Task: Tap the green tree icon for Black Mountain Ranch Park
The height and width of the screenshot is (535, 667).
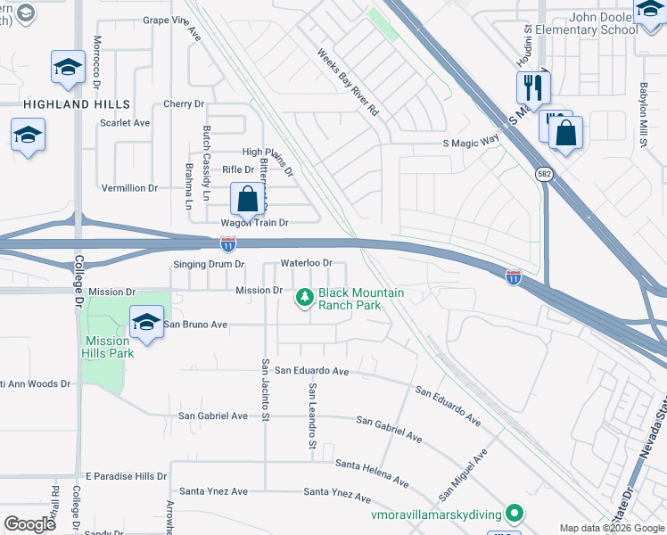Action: tap(305, 296)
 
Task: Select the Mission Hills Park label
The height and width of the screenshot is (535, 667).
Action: tap(109, 347)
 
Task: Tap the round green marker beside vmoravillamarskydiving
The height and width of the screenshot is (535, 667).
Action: tap(514, 513)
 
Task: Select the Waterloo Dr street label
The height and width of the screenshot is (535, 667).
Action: tap(306, 263)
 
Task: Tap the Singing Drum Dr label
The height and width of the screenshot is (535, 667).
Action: tap(208, 265)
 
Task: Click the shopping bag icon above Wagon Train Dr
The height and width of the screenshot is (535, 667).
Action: tap(248, 198)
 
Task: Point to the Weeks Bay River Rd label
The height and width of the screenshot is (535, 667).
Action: tap(349, 83)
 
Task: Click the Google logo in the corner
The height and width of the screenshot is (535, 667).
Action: tap(30, 524)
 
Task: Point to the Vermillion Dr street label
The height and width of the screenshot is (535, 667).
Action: tap(129, 188)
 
